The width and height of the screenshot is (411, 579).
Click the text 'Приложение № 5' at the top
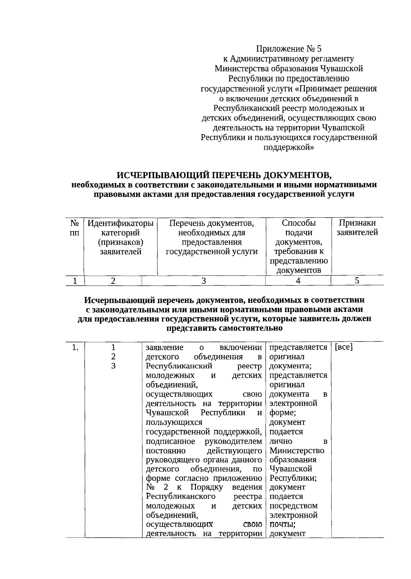click(x=289, y=49)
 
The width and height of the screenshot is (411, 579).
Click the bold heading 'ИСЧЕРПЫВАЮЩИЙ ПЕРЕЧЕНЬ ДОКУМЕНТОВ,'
click(x=224, y=176)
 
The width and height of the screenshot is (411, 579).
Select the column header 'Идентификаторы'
click(x=120, y=223)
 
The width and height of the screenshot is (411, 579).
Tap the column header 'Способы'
click(x=299, y=223)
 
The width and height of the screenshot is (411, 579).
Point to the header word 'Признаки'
click(x=357, y=223)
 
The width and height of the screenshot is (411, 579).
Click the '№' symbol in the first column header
click(x=74, y=223)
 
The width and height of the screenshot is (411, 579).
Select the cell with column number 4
click(x=298, y=281)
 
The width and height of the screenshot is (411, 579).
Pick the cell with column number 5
click(x=357, y=281)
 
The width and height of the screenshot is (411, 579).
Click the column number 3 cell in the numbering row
click(x=203, y=281)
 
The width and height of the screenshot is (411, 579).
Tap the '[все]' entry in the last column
click(x=344, y=347)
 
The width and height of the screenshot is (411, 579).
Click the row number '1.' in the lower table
click(x=75, y=348)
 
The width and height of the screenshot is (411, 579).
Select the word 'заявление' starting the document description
click(x=164, y=348)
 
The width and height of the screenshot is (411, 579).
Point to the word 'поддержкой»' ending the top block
click(x=288, y=147)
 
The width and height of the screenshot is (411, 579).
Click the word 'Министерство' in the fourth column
click(x=297, y=451)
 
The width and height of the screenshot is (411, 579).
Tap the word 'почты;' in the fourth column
click(x=283, y=524)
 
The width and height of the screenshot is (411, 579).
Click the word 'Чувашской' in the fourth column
click(x=290, y=469)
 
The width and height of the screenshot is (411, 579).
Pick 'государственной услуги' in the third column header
click(x=212, y=252)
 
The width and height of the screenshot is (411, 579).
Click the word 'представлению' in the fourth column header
click(x=298, y=261)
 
